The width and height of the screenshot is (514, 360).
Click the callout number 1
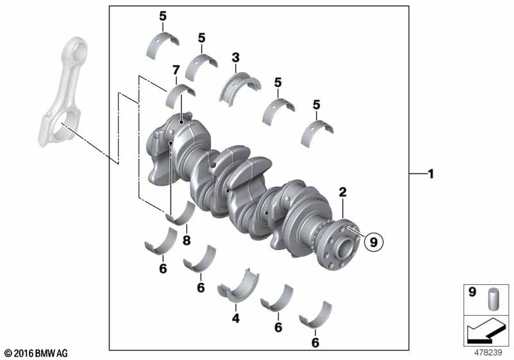tap(430, 174)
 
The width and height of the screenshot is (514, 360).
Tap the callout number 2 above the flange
tap(342, 192)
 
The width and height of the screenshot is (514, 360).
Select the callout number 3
tap(236, 58)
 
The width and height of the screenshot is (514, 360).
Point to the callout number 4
tap(236, 318)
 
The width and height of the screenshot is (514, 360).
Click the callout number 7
tap(176, 70)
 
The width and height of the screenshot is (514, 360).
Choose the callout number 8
tap(186, 240)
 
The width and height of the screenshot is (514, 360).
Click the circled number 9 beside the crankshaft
tap(373, 242)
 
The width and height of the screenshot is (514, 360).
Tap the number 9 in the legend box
tap(472, 292)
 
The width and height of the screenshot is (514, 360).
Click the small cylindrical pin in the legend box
tap(493, 299)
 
